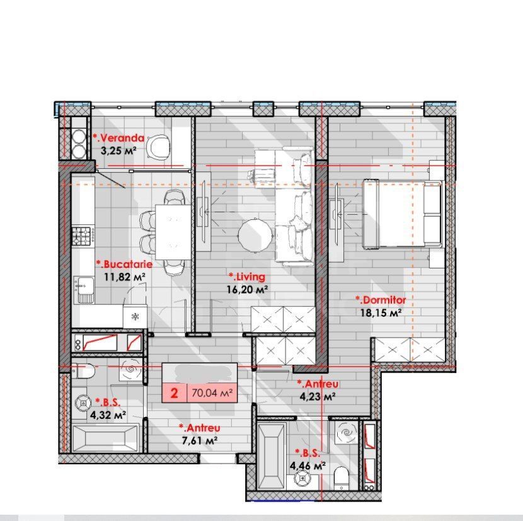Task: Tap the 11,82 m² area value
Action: [125, 276]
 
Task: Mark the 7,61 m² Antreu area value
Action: [198, 440]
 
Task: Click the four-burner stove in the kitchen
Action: [83, 236]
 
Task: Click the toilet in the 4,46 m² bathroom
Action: [342, 476]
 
